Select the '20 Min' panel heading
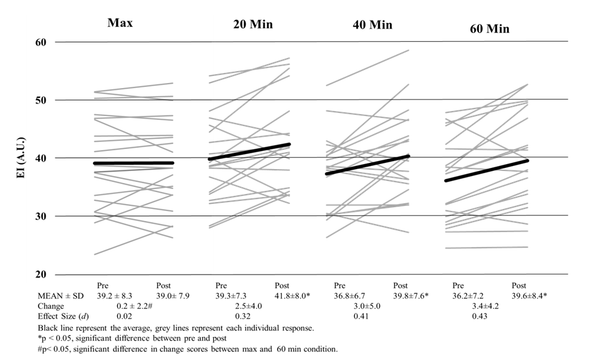click(249, 25)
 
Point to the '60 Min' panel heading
click(489, 29)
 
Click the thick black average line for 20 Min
click(250, 152)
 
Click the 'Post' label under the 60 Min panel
click(519, 285)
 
